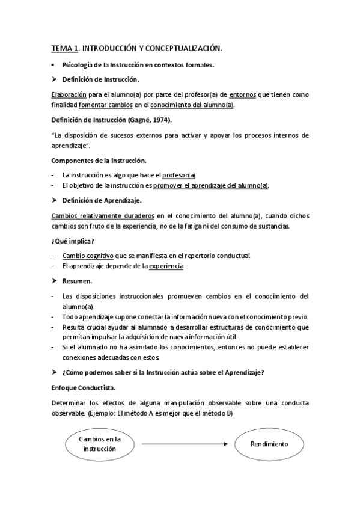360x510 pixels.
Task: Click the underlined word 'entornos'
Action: click(243, 94)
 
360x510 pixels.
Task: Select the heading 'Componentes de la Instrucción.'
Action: click(99, 160)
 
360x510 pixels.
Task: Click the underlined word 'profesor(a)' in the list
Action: click(179, 174)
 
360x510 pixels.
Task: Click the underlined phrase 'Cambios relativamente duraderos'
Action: click(104, 215)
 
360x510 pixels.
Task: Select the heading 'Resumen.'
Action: click(77, 281)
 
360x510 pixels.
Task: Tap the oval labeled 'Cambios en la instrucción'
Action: click(96, 444)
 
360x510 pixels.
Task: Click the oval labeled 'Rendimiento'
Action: click(269, 444)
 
